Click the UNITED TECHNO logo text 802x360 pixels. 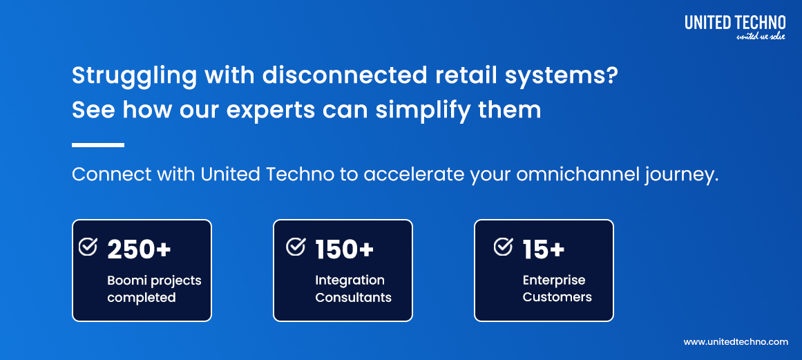[735, 23]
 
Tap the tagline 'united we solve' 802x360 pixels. [761, 36]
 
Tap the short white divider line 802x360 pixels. [97, 145]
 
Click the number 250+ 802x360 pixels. [139, 249]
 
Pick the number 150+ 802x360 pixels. [344, 249]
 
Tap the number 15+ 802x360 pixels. [544, 249]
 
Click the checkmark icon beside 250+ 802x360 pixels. [88, 247]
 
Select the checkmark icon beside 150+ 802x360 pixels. [296, 247]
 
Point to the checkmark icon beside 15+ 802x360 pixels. [504, 247]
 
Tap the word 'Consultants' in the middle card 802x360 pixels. [353, 298]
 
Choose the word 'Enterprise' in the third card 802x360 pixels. [553, 281]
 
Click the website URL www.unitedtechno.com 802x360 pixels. [735, 342]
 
